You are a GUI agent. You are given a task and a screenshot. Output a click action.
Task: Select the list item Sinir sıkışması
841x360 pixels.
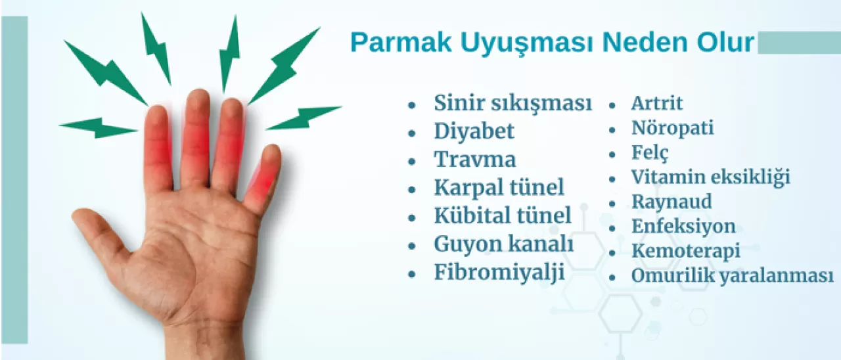512,103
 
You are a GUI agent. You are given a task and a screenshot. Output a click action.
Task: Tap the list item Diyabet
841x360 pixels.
474,131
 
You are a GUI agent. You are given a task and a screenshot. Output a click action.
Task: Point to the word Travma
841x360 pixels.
474,160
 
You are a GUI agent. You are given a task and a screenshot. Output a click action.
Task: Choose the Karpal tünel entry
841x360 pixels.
499,188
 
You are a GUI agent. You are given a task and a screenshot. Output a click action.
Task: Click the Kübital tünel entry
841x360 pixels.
503,215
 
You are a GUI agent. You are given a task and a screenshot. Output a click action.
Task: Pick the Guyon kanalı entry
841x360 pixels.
504,244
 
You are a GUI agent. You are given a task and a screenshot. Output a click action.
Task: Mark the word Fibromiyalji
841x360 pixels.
499,273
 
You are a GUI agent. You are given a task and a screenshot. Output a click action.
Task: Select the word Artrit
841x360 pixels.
656,103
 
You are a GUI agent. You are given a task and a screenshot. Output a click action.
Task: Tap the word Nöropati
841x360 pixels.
672,127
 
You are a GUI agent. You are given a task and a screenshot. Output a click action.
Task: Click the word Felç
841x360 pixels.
650,153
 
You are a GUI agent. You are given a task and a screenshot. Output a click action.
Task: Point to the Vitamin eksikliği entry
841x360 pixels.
710,177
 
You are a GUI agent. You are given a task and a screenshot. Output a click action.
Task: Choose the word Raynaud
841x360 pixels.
671,202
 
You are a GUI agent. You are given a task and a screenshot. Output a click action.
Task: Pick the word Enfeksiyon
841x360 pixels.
683,227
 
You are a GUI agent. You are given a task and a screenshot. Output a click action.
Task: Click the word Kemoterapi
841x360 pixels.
685,251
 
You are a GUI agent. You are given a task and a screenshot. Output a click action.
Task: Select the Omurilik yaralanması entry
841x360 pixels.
732,276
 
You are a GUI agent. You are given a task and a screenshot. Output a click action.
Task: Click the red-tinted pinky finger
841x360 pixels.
264,177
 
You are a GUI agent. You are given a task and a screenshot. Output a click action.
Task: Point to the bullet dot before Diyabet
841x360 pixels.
412,132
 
